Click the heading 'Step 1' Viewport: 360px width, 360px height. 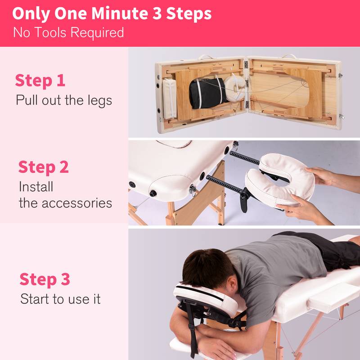pyautogui.click(x=40, y=81)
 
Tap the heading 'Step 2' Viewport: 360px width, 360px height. pyautogui.click(x=43, y=167)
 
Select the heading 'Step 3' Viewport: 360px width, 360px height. pyautogui.click(x=45, y=279)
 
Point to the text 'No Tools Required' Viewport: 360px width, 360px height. pyautogui.click(x=68, y=32)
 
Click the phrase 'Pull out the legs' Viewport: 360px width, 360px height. pyautogui.click(x=63, y=99)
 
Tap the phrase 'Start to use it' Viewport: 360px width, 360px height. pyautogui.click(x=60, y=299)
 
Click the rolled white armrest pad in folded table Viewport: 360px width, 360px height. pyautogui.click(x=170, y=98)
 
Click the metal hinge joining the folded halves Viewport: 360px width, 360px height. pyautogui.click(x=246, y=65)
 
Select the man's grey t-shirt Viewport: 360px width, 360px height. pyautogui.click(x=279, y=265)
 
